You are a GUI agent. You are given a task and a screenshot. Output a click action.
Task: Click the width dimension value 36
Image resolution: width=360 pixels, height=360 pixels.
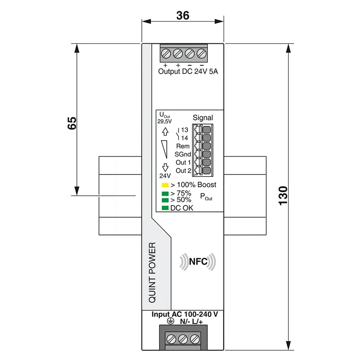pyautogui.click(x=183, y=15)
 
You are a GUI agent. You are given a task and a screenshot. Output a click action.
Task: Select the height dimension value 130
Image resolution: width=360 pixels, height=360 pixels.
pyautogui.click(x=283, y=196)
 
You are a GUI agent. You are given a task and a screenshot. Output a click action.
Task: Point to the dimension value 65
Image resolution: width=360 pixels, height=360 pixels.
pyautogui.click(x=72, y=123)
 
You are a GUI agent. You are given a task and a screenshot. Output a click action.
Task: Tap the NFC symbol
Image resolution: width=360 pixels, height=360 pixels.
pyautogui.click(x=198, y=262)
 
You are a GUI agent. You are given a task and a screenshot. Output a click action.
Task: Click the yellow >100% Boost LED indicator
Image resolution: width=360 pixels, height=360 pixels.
pyautogui.click(x=165, y=185)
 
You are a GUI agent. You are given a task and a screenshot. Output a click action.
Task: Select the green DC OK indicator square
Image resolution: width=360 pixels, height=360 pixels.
pyautogui.click(x=165, y=208)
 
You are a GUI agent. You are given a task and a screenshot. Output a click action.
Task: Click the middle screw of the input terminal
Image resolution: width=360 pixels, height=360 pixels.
pyautogui.click(x=183, y=339)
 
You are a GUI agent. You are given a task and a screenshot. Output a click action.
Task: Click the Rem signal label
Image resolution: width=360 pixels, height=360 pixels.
pyautogui.click(x=183, y=146)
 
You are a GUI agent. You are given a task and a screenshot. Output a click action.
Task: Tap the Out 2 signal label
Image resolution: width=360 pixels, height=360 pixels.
pyautogui.click(x=183, y=171)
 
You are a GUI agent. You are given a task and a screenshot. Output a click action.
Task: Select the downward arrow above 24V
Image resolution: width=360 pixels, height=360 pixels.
pyautogui.click(x=165, y=167)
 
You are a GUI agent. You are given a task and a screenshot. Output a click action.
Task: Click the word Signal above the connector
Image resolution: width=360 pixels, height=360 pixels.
pyautogui.click(x=203, y=117)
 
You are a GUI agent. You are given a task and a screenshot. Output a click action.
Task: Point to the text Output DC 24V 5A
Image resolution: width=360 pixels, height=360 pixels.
pyautogui.click(x=188, y=71)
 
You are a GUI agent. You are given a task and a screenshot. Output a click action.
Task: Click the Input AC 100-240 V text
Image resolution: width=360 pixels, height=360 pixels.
pyautogui.click(x=185, y=314)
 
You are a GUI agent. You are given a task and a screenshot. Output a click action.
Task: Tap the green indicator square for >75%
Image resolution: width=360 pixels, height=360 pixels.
pyautogui.click(x=165, y=194)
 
